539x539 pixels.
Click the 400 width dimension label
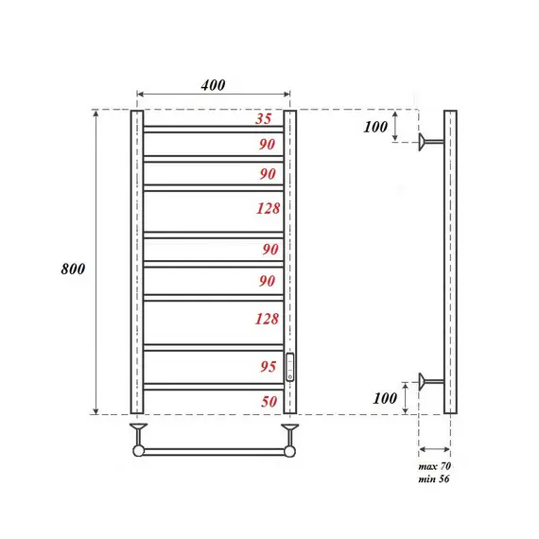pos(213,85)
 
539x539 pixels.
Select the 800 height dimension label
pos(73,269)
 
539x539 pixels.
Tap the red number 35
pos(264,119)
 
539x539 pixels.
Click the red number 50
pos(269,402)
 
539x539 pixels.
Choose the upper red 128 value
pos(267,209)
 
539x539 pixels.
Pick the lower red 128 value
pos(267,320)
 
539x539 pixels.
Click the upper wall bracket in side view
pos(430,143)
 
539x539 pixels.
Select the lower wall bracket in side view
pos(430,382)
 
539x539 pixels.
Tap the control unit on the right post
pos(290,366)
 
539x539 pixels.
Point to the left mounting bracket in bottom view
pos(139,435)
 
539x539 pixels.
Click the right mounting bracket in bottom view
pos(288,435)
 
